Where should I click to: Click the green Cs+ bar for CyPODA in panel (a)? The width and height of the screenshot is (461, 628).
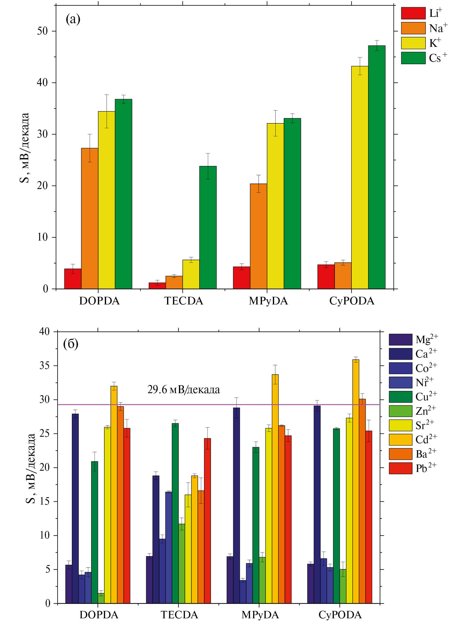[x=376, y=167]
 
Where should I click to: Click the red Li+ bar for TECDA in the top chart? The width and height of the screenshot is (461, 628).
[x=157, y=286]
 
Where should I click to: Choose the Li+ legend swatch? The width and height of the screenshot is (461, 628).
[x=413, y=13]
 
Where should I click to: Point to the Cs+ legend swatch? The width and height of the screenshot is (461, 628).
[x=413, y=58]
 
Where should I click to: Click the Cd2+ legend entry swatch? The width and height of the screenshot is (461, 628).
[x=401, y=440]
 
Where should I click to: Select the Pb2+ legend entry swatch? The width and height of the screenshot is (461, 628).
[x=401, y=468]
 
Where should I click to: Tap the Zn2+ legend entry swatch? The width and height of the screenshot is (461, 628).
[x=401, y=411]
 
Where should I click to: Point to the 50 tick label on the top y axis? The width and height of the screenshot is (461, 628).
[x=42, y=31]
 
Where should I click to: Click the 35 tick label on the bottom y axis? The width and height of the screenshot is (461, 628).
[x=45, y=366]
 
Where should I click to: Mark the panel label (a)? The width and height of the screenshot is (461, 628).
[x=73, y=20]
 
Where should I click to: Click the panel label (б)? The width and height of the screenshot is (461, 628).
[x=71, y=344]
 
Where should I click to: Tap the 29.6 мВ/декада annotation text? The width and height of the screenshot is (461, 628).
[x=183, y=390]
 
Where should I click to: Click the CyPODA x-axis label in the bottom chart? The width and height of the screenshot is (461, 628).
[x=340, y=615]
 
